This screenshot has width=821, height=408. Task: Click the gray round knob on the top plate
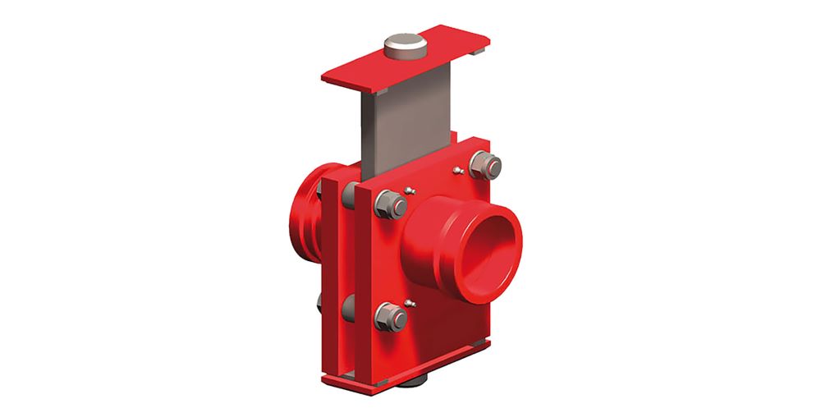pos(403,46)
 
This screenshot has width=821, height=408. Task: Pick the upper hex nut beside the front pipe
pos(390,204)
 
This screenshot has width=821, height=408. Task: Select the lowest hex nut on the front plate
pos(390,317)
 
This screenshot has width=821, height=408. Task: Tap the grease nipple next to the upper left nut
pos(410,191)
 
